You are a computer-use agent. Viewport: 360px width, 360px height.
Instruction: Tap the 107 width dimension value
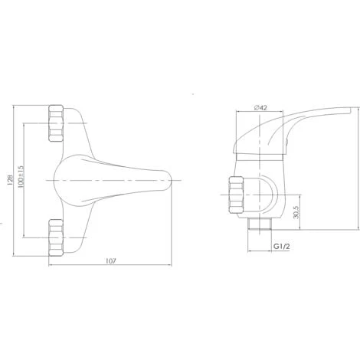pyautogui.click(x=110, y=261)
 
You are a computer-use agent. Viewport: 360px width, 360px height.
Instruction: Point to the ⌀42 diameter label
pyautogui.click(x=260, y=107)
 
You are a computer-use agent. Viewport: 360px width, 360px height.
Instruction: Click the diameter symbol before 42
pyautogui.click(x=254, y=107)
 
